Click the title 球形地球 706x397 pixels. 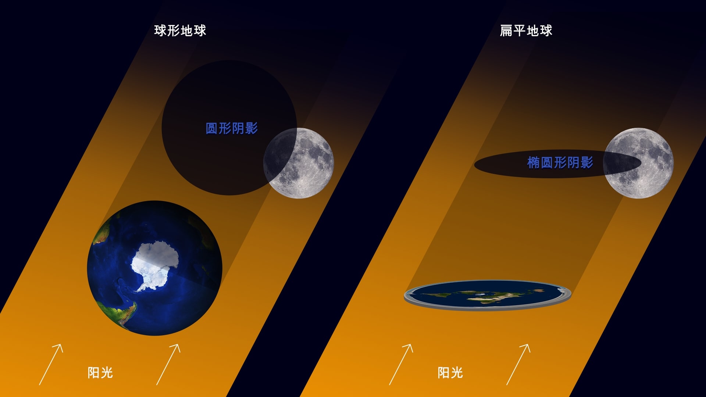coord(180,31)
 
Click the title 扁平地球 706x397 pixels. coord(526,31)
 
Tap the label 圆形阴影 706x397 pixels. coord(232,128)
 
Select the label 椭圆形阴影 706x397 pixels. coord(560,162)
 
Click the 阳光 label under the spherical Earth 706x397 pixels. coord(100,373)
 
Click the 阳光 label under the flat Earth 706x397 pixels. coord(450,373)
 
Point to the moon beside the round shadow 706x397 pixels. coord(299,163)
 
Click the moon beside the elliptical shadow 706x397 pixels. coord(638,163)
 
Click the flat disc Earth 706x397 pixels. coord(488,296)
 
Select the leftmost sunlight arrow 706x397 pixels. coord(51,365)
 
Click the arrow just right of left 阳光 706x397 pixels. coord(168,365)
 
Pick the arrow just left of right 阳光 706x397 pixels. coord(401,365)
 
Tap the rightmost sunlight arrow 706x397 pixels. coord(518,365)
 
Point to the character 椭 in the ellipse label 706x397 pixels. coord(534,162)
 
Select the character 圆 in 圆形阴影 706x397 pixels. coord(212,128)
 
